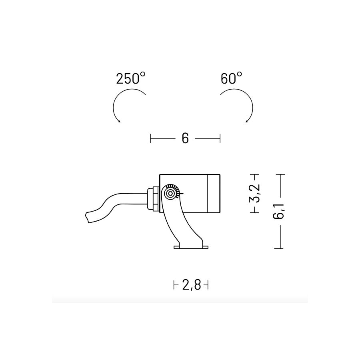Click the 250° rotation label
tap(131, 78)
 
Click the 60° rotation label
tap(231, 78)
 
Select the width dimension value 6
tap(185, 138)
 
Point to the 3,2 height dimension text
tap(254, 193)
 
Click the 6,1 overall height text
tap(279, 211)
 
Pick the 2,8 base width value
tap(191, 285)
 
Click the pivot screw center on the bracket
tap(170, 193)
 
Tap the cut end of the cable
tap(87, 217)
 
